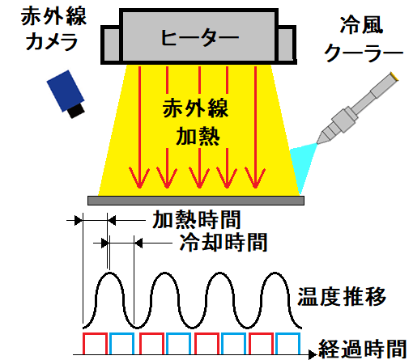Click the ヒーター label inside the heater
click(x=200, y=37)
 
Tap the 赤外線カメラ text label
click(x=53, y=29)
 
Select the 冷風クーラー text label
click(x=364, y=39)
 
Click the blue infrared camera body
click(x=65, y=90)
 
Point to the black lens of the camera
click(x=76, y=110)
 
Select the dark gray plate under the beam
click(x=196, y=201)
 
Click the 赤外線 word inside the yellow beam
click(x=195, y=108)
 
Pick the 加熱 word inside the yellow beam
click(x=198, y=137)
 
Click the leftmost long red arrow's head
click(x=139, y=177)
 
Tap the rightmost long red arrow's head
click(x=255, y=177)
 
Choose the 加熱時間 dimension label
click(x=197, y=220)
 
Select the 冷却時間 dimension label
click(x=224, y=243)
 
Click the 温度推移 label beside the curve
click(x=342, y=297)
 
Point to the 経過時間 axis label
click(x=363, y=349)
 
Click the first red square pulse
click(x=95, y=333)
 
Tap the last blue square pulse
click(x=287, y=333)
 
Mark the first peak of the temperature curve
click(x=109, y=273)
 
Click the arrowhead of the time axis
click(x=313, y=354)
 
